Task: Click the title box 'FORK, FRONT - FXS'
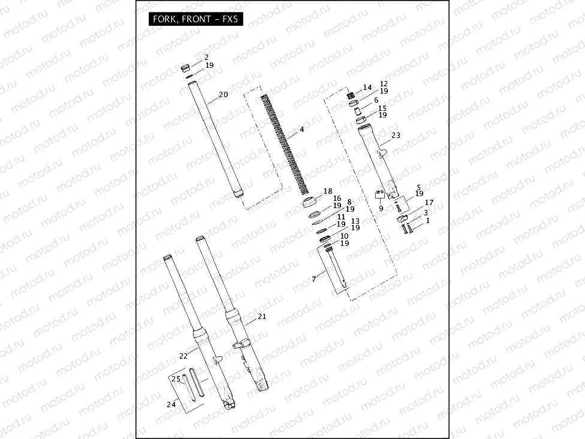[195, 19]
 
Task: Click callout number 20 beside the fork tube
[223, 95]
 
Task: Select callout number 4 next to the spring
[301, 130]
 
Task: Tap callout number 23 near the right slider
[396, 136]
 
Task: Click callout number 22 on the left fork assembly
[183, 356]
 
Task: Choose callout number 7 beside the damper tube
[313, 279]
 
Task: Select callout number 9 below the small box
[380, 208]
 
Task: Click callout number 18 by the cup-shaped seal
[327, 191]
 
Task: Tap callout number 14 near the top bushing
[367, 88]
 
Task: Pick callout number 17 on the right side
[429, 203]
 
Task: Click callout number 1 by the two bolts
[427, 221]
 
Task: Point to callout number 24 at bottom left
[171, 404]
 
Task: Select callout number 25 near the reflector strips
[176, 379]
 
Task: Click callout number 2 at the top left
[206, 57]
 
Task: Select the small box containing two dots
[379, 194]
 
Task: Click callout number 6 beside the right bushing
[376, 100]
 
